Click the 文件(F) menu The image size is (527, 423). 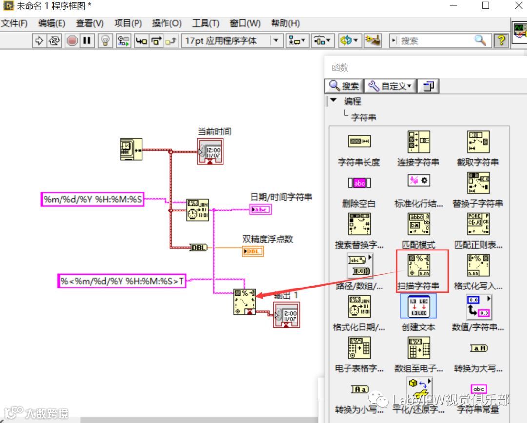coord(14,23)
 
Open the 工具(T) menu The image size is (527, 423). coord(205,23)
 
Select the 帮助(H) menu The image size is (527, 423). coord(285,23)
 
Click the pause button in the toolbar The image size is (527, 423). coord(87,40)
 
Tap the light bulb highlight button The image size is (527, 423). coord(105,40)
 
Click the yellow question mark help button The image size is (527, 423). coord(501,40)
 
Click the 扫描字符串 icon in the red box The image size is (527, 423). coord(419,266)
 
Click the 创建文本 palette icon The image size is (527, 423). coord(418,307)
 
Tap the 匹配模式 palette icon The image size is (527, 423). coord(418,224)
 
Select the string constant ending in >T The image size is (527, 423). coord(122,281)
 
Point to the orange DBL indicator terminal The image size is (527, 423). coord(253,251)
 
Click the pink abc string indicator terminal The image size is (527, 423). coord(261,210)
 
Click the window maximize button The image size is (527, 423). coord(486,6)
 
